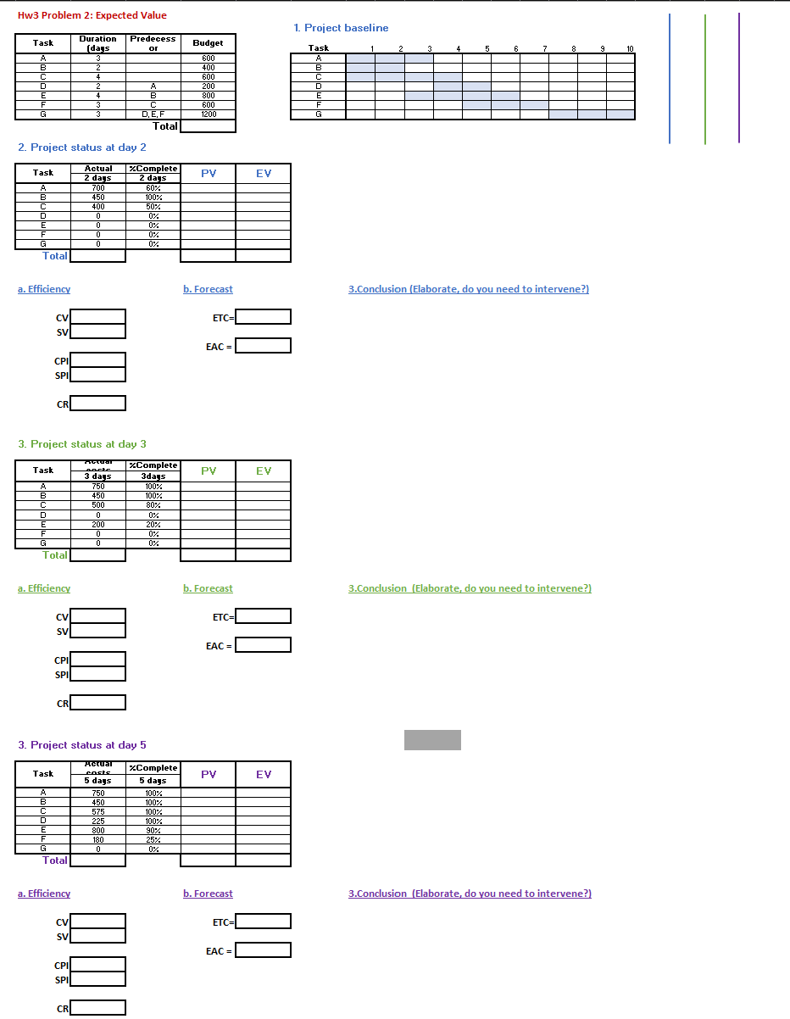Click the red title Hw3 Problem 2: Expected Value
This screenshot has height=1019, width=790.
[x=92, y=15]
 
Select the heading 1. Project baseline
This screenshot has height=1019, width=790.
[x=341, y=28]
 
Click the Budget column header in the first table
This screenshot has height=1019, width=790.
[x=208, y=43]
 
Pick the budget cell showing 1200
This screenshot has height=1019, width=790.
[x=208, y=114]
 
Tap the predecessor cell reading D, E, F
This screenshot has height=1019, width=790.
[x=153, y=114]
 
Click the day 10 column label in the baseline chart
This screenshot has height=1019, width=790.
[x=630, y=49]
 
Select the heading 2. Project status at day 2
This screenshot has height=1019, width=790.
[x=82, y=148]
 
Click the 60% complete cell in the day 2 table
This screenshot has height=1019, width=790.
[x=153, y=187]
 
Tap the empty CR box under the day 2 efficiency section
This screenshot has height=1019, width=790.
[x=98, y=404]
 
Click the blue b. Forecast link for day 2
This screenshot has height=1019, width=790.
[x=208, y=289]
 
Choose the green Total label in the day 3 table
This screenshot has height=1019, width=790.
[x=55, y=555]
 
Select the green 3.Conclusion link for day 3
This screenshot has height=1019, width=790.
[x=470, y=588]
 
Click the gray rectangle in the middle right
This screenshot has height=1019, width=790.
[x=432, y=740]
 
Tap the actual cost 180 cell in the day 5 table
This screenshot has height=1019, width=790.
[x=98, y=839]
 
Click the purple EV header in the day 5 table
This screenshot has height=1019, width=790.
[x=263, y=774]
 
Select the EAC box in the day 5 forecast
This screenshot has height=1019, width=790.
[x=263, y=950]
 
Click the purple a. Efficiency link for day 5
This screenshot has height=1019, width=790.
[x=44, y=894]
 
